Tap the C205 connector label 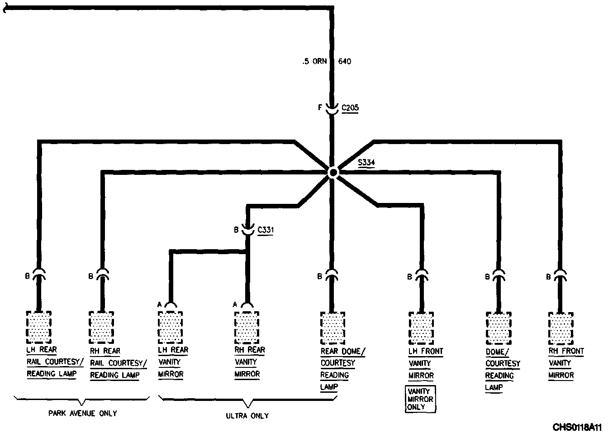tap(350, 108)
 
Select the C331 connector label tap(266, 230)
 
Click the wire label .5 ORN tap(314, 62)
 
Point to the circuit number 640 tap(345, 62)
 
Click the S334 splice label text tap(366, 162)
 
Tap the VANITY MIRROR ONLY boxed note tap(420, 399)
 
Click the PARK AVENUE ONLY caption tap(82, 413)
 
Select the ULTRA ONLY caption tap(247, 415)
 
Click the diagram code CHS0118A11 tap(577, 427)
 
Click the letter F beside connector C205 tap(320, 108)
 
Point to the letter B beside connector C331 tap(236, 230)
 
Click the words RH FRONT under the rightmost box tap(566, 351)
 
